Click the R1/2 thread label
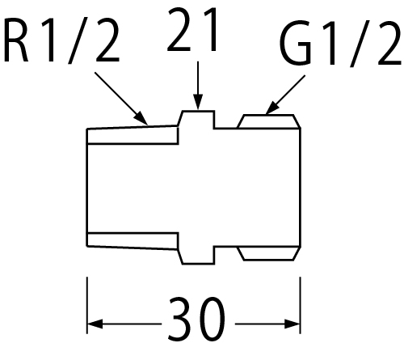(61, 40)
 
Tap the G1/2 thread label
(340, 44)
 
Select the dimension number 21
(192, 30)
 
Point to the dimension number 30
(196, 319)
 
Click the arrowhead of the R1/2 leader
(141, 118)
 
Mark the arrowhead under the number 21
(198, 102)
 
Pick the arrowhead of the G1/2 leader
(271, 108)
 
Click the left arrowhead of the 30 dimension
(95, 324)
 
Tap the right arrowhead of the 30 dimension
(292, 324)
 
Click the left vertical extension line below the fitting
(86, 305)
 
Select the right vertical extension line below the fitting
(301, 305)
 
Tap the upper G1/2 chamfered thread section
(269, 121)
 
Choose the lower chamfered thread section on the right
(269, 253)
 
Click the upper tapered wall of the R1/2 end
(133, 135)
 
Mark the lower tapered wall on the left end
(133, 240)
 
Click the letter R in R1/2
(16, 40)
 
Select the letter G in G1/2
(296, 44)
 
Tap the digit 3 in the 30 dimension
(181, 319)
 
